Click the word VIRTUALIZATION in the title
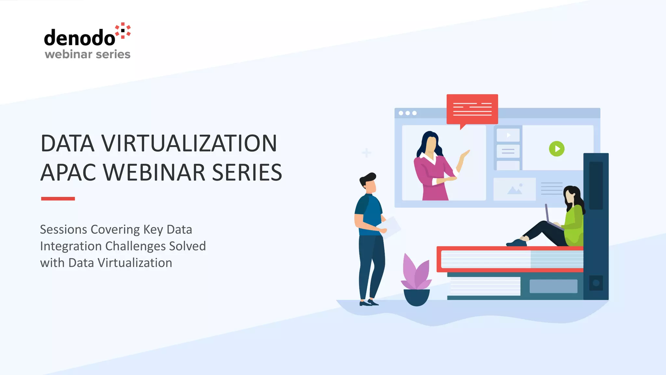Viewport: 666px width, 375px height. tap(189, 143)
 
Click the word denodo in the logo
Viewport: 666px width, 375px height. tap(79, 38)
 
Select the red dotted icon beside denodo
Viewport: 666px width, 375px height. tap(123, 31)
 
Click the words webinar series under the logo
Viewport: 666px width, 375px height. tap(87, 54)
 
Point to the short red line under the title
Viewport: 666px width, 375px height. tap(58, 199)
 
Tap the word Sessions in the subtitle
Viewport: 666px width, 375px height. tap(63, 229)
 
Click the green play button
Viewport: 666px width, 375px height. tap(556, 149)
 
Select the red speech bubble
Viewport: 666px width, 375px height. tap(472, 109)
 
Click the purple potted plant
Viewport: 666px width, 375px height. tap(416, 280)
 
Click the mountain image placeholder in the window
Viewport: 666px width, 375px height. tap(514, 189)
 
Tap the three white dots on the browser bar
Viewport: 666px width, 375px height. tap(407, 113)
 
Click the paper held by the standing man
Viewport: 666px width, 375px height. tap(392, 226)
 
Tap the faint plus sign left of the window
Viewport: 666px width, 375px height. tap(366, 152)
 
